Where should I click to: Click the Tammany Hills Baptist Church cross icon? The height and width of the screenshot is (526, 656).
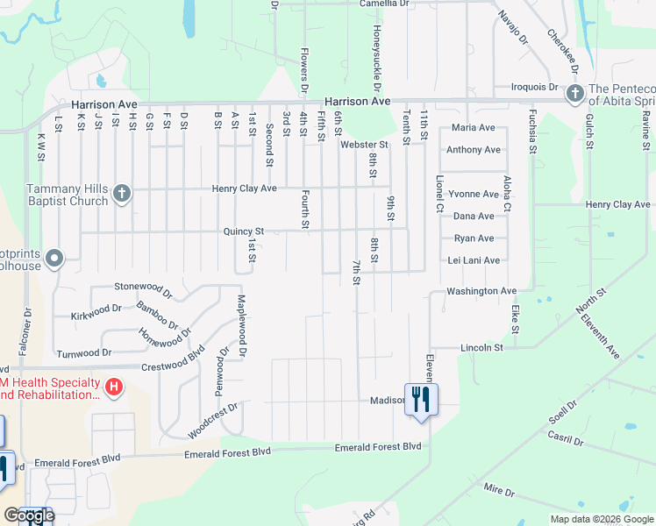click(x=121, y=194)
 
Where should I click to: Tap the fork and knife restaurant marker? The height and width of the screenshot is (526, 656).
click(x=421, y=400)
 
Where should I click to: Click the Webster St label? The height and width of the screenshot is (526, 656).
click(x=364, y=145)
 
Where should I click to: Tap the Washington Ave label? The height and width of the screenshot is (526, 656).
click(x=481, y=291)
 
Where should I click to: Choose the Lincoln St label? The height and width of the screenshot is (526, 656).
click(x=481, y=348)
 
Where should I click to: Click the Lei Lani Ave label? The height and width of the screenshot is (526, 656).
click(x=473, y=260)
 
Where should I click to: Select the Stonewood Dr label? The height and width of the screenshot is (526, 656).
click(x=144, y=287)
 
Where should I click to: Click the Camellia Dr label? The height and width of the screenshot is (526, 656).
click(x=384, y=4)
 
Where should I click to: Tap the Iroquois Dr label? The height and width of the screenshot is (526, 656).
click(x=536, y=88)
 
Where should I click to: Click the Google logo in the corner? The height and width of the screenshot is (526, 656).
click(x=29, y=515)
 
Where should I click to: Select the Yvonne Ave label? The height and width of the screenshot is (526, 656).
click(x=473, y=194)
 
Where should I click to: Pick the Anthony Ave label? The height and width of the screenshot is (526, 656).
click(x=474, y=150)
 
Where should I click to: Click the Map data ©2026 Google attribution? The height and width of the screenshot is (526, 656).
click(x=601, y=519)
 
